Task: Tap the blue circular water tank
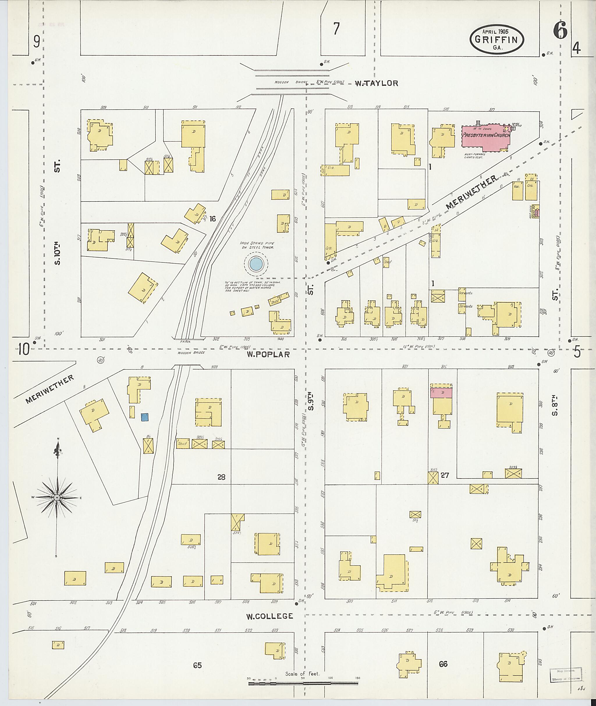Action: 256,264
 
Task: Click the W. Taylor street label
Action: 376,83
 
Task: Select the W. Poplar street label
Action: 268,354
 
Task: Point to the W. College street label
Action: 269,616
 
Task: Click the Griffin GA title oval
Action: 496,40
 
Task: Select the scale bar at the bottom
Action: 303,684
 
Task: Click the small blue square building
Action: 145,417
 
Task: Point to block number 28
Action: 221,477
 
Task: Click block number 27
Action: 445,476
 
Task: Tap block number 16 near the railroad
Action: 212,219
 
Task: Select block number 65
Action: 197,665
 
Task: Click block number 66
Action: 443,664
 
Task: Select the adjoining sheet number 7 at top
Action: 336,29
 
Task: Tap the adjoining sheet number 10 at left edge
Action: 23,350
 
